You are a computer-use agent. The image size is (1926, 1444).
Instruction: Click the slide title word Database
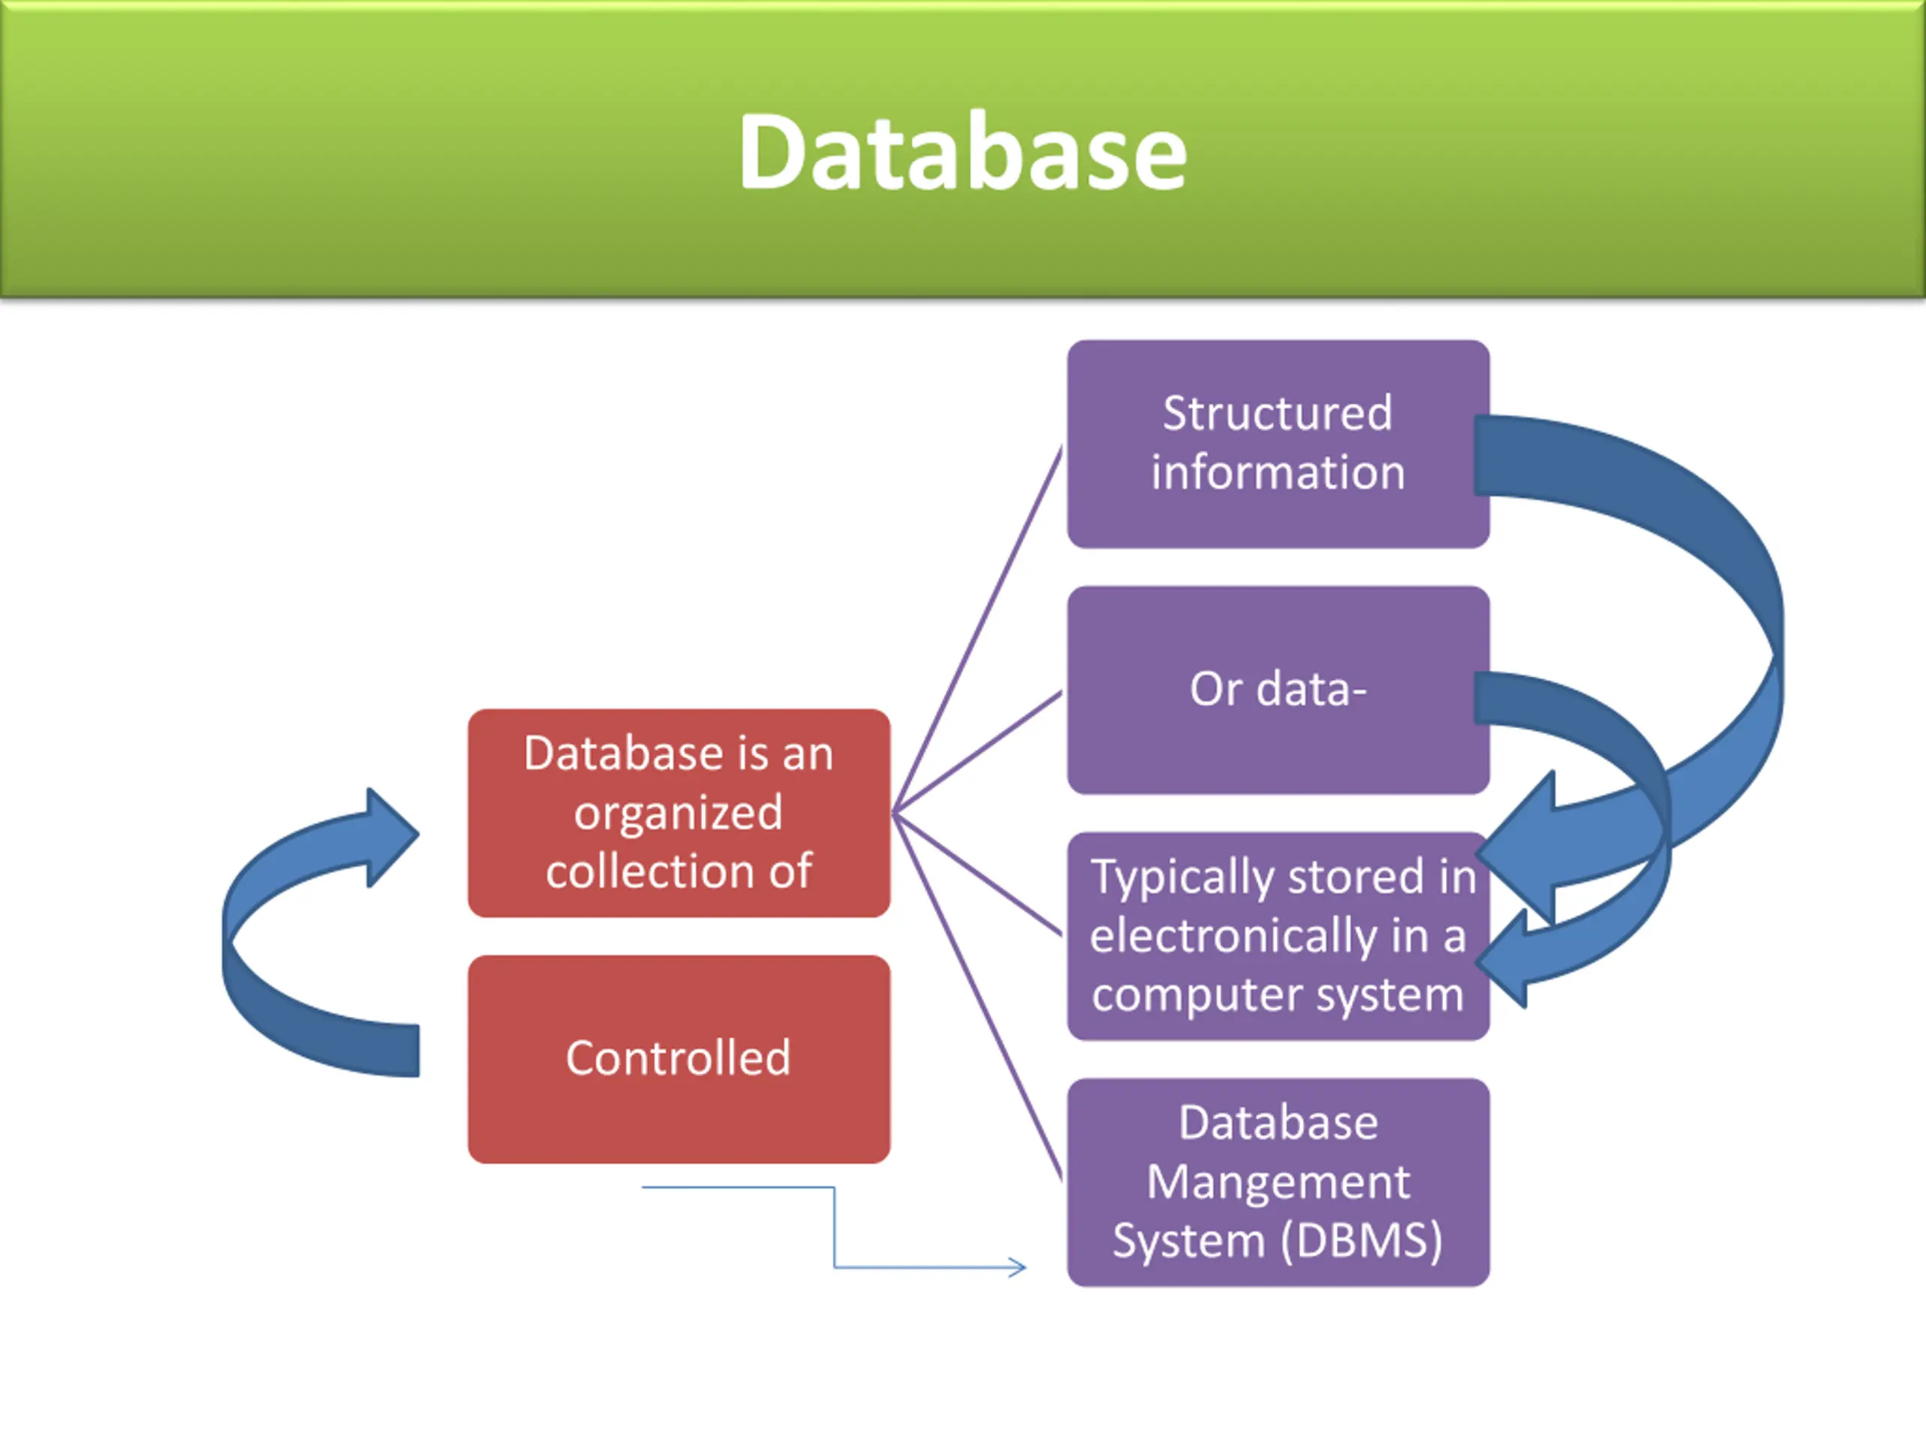(x=963, y=153)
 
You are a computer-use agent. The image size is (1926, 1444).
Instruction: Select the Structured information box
(x=1278, y=444)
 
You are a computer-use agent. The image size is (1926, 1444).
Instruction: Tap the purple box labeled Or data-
(x=1278, y=690)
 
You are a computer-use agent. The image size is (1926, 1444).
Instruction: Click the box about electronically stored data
(x=1278, y=936)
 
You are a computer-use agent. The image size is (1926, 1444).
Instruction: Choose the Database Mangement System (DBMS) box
(x=1278, y=1183)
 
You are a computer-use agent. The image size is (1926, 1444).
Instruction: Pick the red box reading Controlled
(x=679, y=1059)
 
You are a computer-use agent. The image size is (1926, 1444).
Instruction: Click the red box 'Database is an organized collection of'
(x=679, y=813)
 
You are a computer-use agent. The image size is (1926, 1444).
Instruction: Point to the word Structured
(x=1277, y=413)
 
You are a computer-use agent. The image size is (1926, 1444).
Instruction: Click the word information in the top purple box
(x=1278, y=472)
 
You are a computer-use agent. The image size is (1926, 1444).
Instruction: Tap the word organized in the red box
(x=679, y=814)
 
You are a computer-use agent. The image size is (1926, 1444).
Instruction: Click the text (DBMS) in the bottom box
(x=1361, y=1241)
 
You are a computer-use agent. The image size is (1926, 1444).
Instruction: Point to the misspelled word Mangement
(x=1278, y=1183)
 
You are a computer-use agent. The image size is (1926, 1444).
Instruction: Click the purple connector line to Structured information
(x=978, y=629)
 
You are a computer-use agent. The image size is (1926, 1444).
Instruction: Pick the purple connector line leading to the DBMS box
(x=978, y=997)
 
